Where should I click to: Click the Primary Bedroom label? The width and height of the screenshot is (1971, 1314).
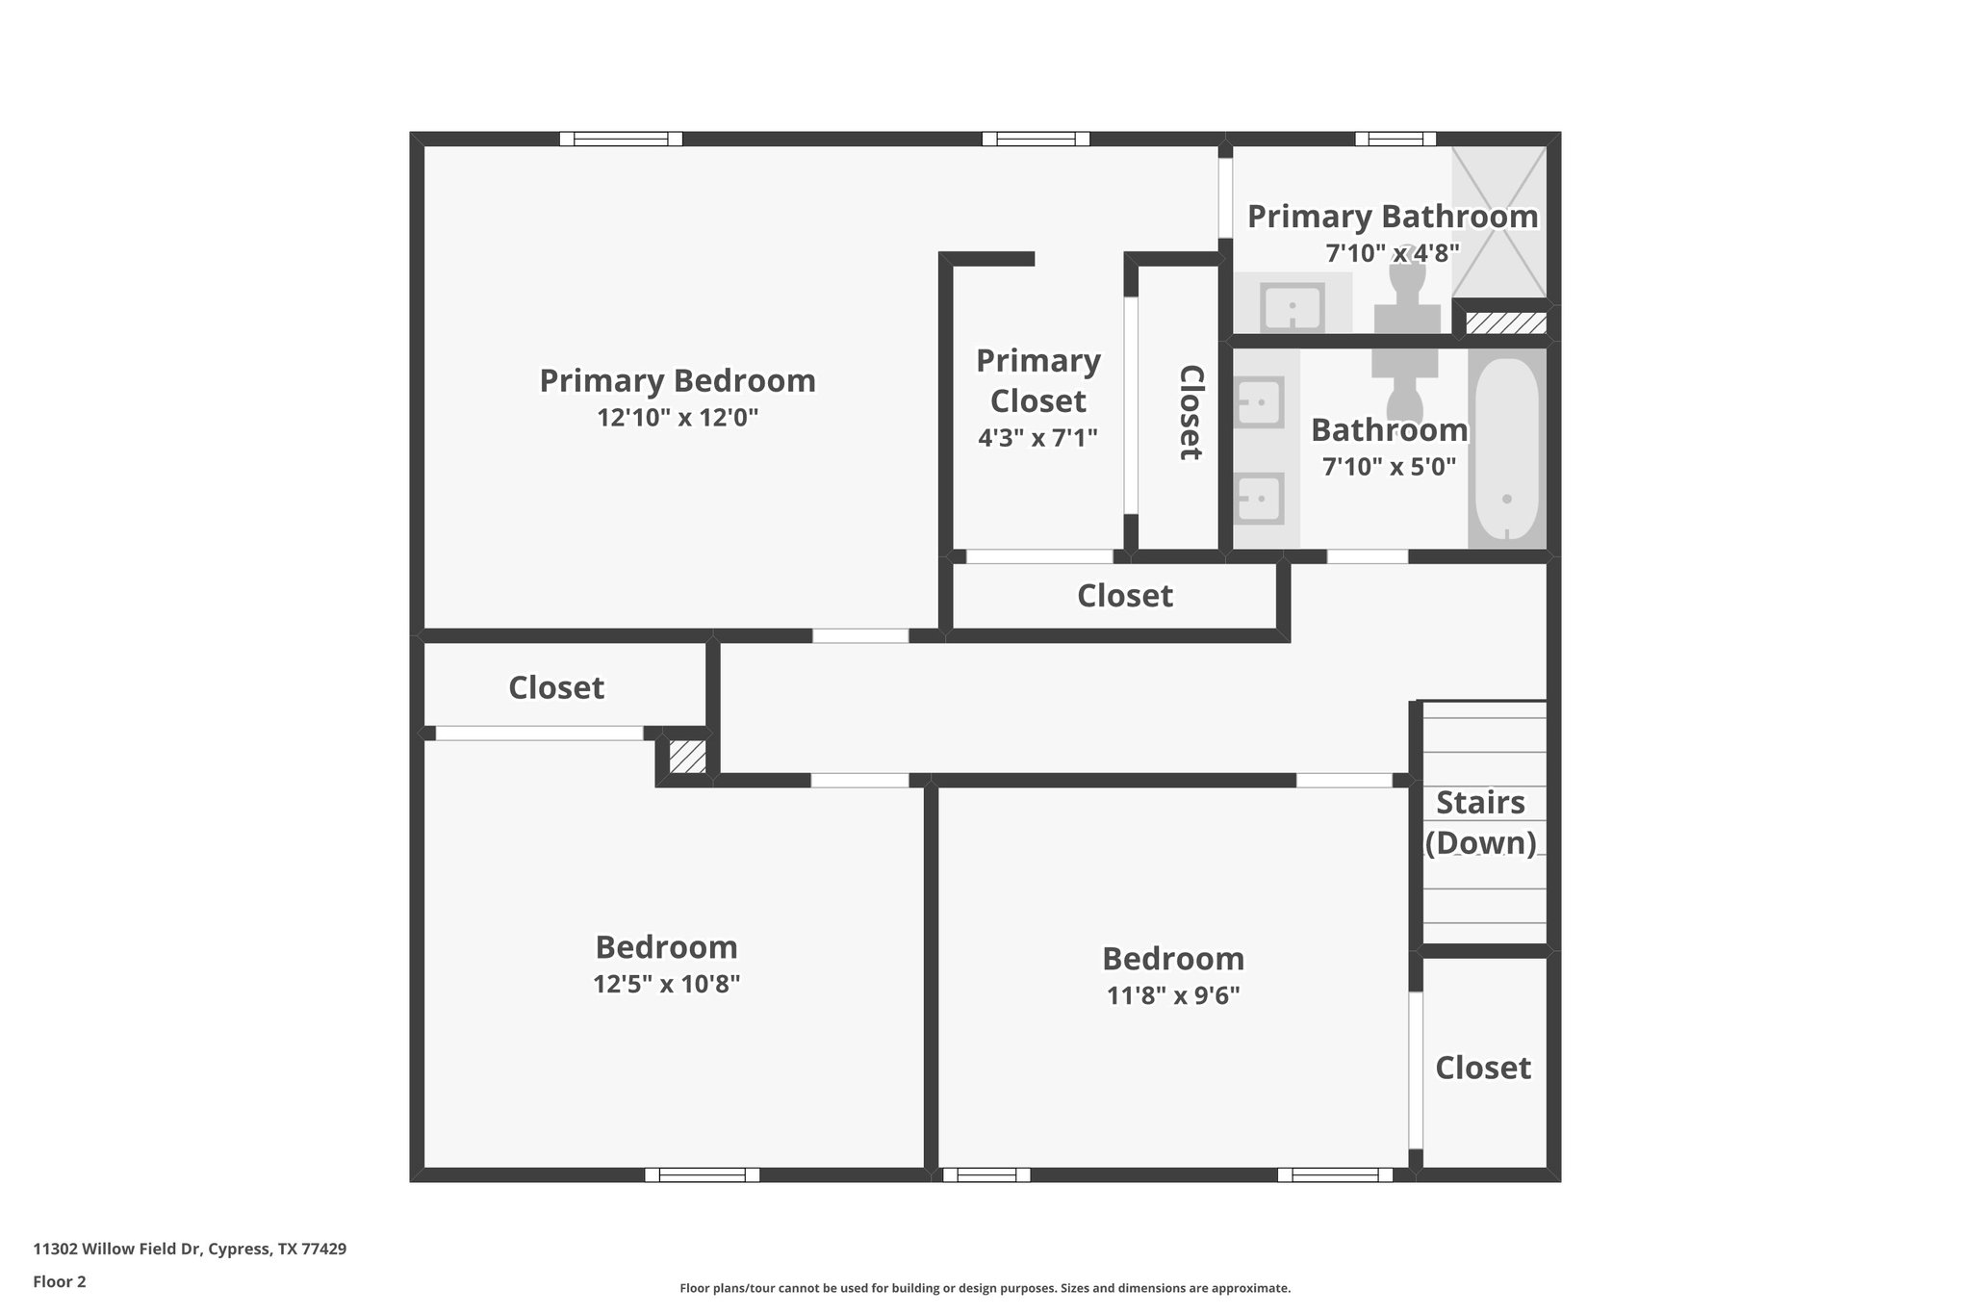677,381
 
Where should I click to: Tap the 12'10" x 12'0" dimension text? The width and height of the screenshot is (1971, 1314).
677,418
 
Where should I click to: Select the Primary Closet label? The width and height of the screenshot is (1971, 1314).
1037,380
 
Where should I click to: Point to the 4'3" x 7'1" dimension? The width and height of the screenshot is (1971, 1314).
1037,438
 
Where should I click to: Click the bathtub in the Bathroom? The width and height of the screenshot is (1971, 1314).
1506,449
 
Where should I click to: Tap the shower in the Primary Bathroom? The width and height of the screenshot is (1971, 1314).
1498,222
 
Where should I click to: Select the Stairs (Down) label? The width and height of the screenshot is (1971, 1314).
1480,822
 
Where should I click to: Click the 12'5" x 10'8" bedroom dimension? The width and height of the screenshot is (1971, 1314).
666,984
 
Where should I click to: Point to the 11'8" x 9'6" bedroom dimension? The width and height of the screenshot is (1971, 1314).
1172,995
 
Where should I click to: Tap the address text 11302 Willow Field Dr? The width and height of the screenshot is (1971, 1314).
190,1250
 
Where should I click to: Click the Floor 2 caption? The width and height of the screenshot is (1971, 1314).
60,1281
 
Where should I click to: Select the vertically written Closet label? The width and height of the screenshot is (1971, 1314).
1190,412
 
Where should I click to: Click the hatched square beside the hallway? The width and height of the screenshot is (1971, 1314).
687,756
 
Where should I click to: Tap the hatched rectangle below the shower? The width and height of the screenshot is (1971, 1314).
1505,322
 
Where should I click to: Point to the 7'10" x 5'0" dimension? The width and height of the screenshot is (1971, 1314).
1389,467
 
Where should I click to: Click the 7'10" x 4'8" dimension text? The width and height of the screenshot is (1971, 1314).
1392,253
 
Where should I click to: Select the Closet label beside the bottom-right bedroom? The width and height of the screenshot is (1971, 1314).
1482,1068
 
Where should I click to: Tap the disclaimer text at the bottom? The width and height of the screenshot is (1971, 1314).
985,1288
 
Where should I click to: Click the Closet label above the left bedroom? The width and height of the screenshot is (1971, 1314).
555,687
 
